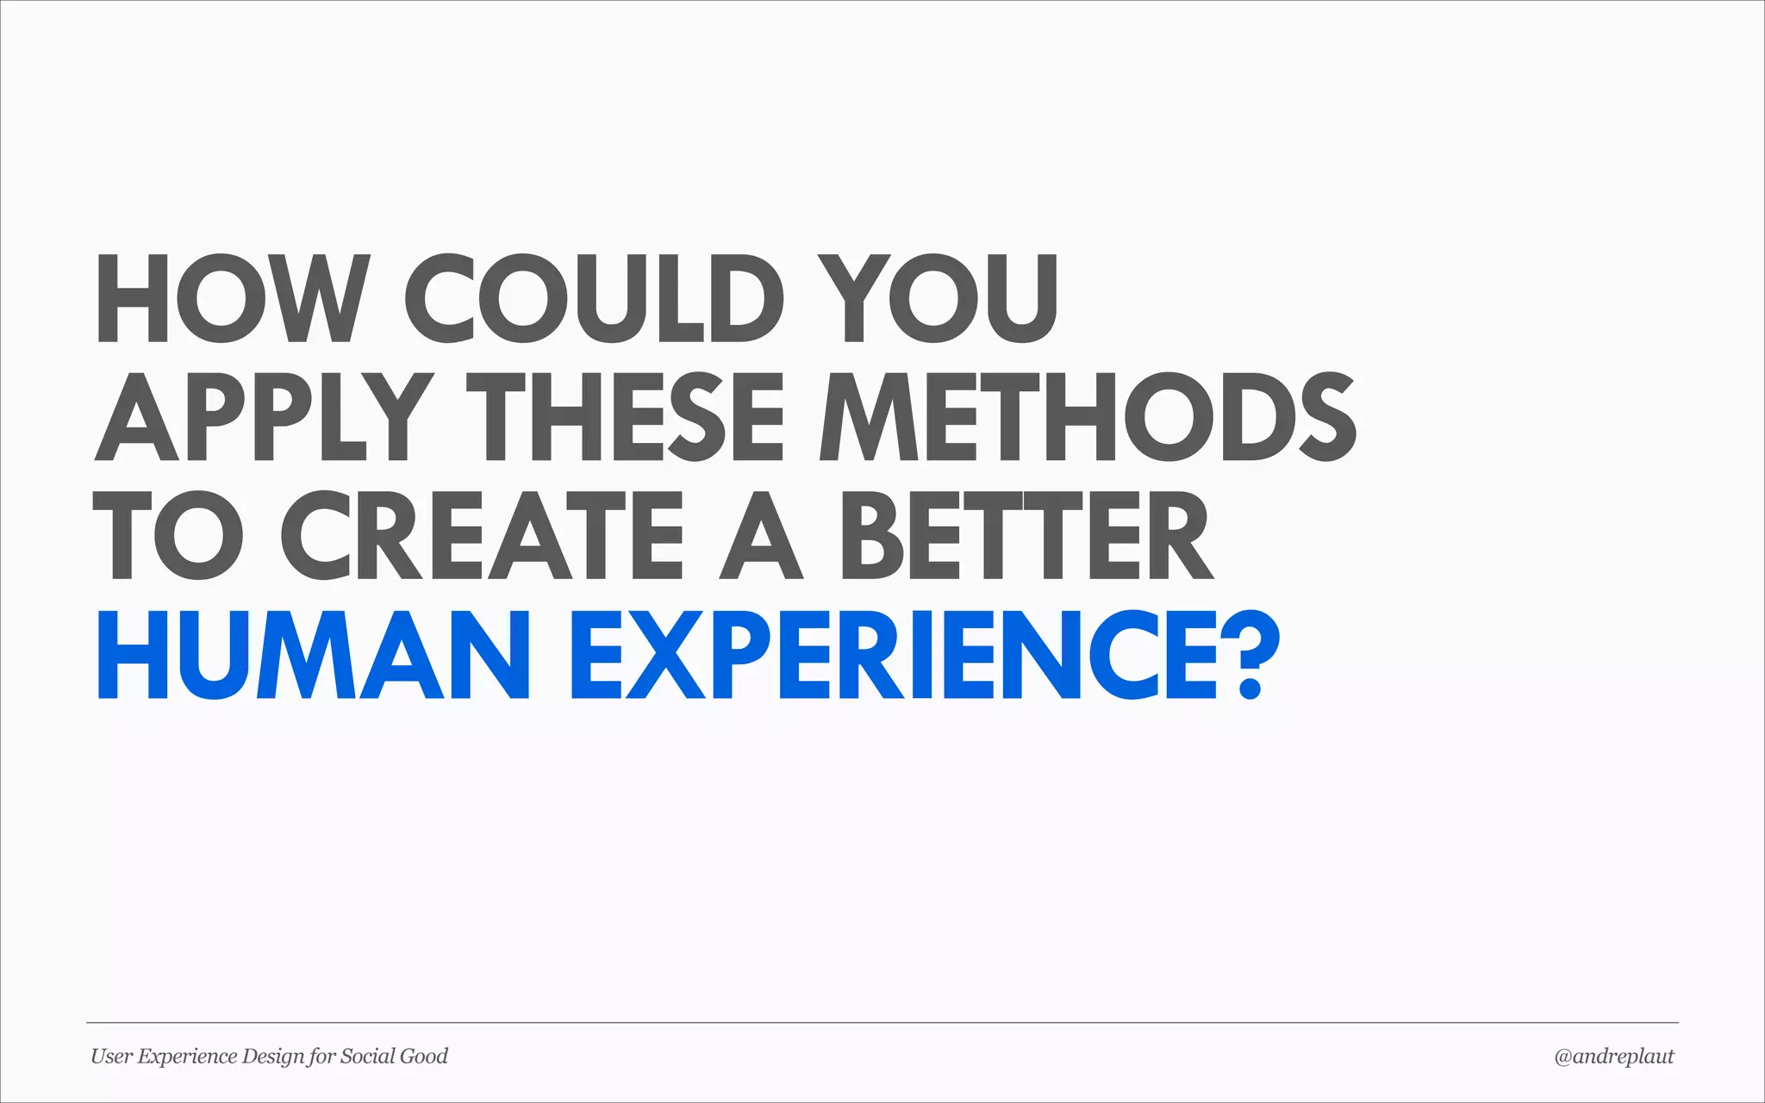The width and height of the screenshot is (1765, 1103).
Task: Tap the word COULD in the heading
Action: [x=595, y=298]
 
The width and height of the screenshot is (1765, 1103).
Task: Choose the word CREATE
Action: [x=483, y=536]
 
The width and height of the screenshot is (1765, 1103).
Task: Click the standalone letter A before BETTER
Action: [x=762, y=536]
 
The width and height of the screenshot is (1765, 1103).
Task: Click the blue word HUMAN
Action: [x=314, y=655]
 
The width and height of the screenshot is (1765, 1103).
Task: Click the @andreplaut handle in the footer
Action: [x=1613, y=1056]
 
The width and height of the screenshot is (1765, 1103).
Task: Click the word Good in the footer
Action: [x=425, y=1056]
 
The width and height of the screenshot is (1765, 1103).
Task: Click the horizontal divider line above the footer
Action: [x=882, y=1023]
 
